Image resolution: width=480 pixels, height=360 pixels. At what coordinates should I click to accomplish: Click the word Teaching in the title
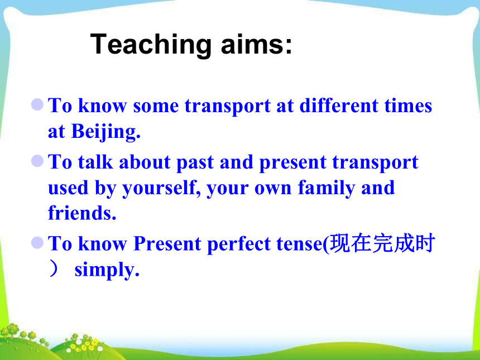(x=151, y=45)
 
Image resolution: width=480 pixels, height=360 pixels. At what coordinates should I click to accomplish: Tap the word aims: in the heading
(x=257, y=44)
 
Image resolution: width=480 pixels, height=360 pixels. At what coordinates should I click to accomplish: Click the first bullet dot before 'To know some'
(x=37, y=104)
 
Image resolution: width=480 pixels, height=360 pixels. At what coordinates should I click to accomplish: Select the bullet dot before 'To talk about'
(x=37, y=161)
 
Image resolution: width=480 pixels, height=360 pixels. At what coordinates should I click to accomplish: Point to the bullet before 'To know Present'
(x=37, y=242)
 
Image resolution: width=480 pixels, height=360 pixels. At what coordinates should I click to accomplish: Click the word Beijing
(x=105, y=132)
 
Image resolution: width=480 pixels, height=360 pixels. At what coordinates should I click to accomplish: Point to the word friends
(x=82, y=213)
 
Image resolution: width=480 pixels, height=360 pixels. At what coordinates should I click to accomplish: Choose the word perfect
(x=239, y=245)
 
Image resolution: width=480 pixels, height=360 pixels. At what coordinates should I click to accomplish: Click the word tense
(x=301, y=244)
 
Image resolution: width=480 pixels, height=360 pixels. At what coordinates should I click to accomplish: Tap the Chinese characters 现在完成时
(x=383, y=243)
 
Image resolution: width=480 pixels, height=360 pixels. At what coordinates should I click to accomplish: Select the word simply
(x=107, y=271)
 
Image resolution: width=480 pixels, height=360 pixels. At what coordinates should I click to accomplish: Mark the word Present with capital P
(x=167, y=244)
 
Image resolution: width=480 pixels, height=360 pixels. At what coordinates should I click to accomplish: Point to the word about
(x=145, y=162)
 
